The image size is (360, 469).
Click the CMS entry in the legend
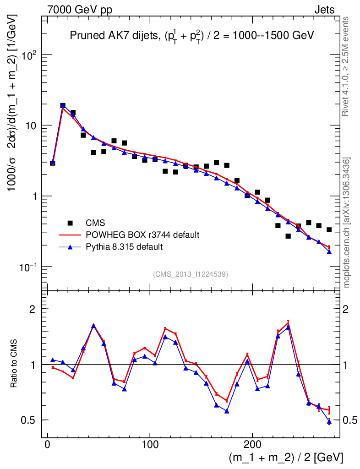tap(95, 223)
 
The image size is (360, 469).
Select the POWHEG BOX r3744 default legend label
tap(142, 235)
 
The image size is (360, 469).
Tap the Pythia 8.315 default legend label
tap(124, 247)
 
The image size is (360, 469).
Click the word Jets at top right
tap(324, 10)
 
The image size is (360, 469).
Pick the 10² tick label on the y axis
tap(28, 55)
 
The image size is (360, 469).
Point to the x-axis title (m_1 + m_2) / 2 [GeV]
tap(285, 458)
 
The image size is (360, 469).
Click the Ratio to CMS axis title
tap(14, 364)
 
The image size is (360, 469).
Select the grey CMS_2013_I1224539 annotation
tap(191, 274)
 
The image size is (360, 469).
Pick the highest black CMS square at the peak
tap(63, 106)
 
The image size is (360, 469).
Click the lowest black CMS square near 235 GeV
tap(288, 236)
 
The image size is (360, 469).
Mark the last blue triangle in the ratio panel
tap(329, 421)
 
